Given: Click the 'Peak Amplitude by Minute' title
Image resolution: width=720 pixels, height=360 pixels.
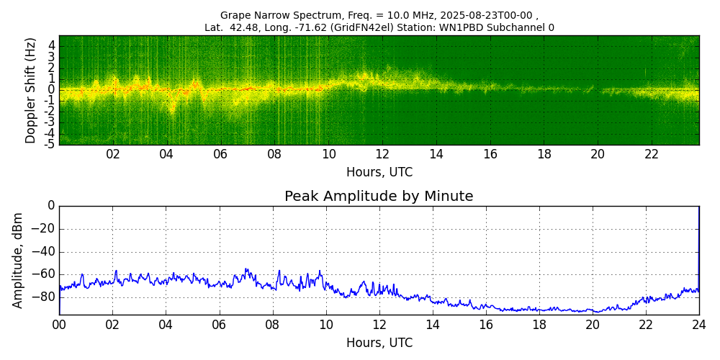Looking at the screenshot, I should point(379,197).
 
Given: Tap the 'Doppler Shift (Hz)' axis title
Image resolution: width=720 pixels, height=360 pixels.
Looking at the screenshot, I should point(31,90).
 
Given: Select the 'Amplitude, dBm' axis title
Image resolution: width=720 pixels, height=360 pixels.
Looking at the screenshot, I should point(18,260).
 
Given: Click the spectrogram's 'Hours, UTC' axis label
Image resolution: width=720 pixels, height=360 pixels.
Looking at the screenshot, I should point(379,172).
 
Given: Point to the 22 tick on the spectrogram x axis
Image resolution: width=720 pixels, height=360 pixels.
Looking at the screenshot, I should point(652,154).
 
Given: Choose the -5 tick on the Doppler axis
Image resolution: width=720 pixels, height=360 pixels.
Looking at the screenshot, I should point(50,144).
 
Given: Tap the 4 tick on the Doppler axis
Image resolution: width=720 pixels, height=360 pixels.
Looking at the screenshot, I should point(52,45).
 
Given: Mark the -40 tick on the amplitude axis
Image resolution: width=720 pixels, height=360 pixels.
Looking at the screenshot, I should point(45,253).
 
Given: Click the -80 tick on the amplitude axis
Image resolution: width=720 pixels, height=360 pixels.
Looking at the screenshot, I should point(45,297).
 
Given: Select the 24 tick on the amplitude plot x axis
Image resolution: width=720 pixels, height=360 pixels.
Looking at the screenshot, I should point(698,325).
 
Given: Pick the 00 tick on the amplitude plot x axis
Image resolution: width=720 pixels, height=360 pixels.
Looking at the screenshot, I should point(59,325).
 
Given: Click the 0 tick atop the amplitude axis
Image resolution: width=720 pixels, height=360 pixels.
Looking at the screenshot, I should point(51,206).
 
